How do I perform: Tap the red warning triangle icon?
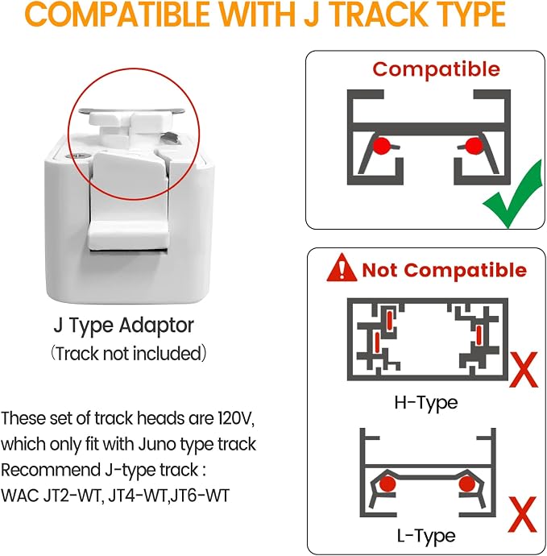click(342, 268)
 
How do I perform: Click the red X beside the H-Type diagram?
click(524, 370)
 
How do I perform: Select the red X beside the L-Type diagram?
click(523, 514)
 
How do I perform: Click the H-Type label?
click(426, 403)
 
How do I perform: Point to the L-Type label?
click(426, 536)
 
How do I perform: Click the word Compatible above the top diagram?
click(436, 69)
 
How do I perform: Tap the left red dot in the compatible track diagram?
click(381, 145)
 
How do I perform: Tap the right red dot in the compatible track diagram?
click(474, 145)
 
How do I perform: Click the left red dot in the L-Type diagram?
click(387, 483)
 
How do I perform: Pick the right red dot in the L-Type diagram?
click(467, 483)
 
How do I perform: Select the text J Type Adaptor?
click(124, 326)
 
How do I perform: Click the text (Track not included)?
click(128, 354)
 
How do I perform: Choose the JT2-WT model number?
click(74, 496)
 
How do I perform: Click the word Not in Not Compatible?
click(380, 270)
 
